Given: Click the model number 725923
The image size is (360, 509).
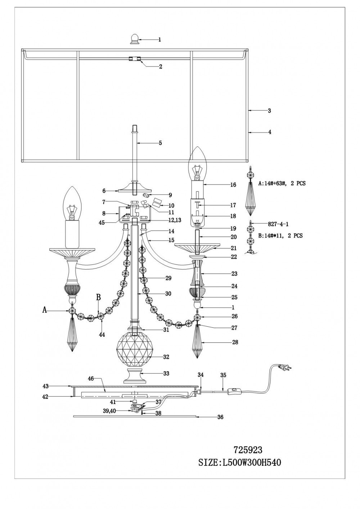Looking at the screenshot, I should point(248,450).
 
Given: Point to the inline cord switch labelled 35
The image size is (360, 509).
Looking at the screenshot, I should point(234,392).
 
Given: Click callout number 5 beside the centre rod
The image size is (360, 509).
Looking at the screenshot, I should point(160,143).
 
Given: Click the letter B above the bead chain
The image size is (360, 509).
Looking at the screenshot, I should point(98,297).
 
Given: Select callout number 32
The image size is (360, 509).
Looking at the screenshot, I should point(166,357).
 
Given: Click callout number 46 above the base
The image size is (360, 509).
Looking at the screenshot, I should point(91,379).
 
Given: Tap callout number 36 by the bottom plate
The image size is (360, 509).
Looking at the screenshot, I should point(221,417).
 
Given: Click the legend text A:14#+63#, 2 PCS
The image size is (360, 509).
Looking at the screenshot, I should point(282,183).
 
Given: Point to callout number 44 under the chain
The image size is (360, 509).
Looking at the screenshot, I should point(102,335).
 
